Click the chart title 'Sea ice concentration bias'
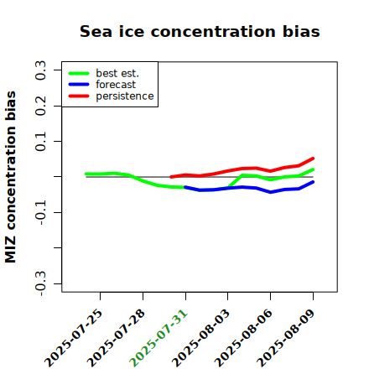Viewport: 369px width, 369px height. [x=200, y=31]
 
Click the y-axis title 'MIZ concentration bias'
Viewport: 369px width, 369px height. [x=10, y=177]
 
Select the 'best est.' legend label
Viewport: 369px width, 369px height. [x=117, y=73]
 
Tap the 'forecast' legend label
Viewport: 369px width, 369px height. [x=116, y=85]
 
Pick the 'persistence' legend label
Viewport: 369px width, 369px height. [x=125, y=96]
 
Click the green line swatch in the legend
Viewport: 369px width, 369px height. [x=79, y=74]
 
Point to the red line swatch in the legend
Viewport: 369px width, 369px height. [x=79, y=96]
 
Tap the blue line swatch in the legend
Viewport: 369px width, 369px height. [x=79, y=85]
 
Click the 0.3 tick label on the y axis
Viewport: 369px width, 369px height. [x=40, y=70]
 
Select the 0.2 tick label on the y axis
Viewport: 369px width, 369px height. [x=40, y=106]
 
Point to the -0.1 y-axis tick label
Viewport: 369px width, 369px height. [x=40, y=213]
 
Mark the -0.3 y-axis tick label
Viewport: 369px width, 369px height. [x=40, y=283]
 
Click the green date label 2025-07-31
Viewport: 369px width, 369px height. [x=159, y=338]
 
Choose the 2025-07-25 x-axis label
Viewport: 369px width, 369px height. [x=73, y=338]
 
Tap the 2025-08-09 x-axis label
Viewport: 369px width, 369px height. [x=286, y=338]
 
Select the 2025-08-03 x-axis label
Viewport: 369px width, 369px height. [x=200, y=338]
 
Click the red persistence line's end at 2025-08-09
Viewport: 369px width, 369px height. [x=313, y=159]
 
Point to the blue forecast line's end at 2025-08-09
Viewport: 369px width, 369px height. [x=313, y=182]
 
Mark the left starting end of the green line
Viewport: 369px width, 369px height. [x=86, y=174]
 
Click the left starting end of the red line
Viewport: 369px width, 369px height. [x=171, y=177]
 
